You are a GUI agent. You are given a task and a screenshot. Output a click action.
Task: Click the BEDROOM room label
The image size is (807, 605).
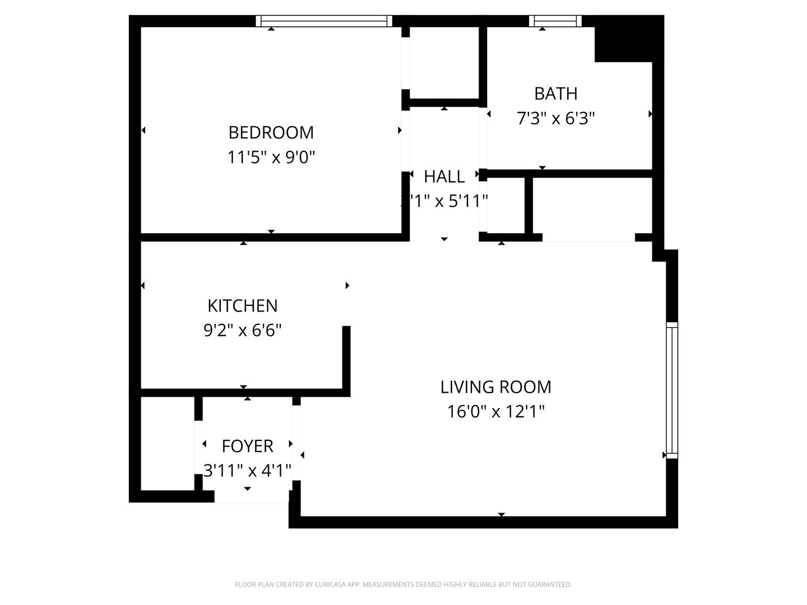[x=271, y=133]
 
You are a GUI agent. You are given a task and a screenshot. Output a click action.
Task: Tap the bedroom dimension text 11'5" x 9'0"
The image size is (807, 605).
[x=271, y=157]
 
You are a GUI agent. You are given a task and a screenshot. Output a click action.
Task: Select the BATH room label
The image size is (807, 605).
[x=555, y=94]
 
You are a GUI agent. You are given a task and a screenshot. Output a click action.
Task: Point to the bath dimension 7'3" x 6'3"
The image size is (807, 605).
[x=555, y=119]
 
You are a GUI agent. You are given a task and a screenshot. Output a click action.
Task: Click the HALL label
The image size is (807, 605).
[x=444, y=177]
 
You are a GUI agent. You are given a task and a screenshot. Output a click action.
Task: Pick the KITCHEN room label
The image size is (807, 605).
[x=242, y=306]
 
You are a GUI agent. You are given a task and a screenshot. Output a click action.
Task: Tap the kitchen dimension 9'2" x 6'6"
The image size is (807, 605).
[x=242, y=331]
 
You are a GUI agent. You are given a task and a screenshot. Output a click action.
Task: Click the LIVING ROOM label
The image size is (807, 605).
[x=495, y=387]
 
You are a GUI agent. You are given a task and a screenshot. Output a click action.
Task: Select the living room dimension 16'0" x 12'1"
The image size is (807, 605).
[x=495, y=412]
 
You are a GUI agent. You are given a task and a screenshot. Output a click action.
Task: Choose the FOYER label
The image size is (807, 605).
[x=247, y=446]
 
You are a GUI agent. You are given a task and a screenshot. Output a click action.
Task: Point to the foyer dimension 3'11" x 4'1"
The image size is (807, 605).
[x=247, y=471]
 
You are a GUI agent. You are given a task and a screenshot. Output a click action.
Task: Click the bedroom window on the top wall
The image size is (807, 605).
[x=324, y=21]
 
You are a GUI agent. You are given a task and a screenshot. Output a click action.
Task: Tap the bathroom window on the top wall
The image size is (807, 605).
[x=555, y=21]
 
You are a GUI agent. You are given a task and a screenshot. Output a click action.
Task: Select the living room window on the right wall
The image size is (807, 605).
[x=671, y=390]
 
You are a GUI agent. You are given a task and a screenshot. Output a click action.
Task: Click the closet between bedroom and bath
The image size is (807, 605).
[x=444, y=62]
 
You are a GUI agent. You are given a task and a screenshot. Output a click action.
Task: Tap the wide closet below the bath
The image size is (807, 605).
[x=591, y=206]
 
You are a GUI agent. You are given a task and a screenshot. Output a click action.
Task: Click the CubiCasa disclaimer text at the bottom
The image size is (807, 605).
[x=403, y=585]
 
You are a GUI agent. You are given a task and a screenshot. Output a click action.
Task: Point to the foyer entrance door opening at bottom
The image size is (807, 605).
[x=252, y=497]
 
